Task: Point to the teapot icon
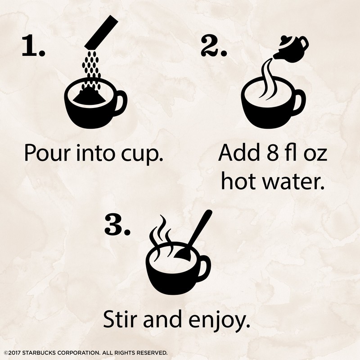291,48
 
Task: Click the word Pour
46,154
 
